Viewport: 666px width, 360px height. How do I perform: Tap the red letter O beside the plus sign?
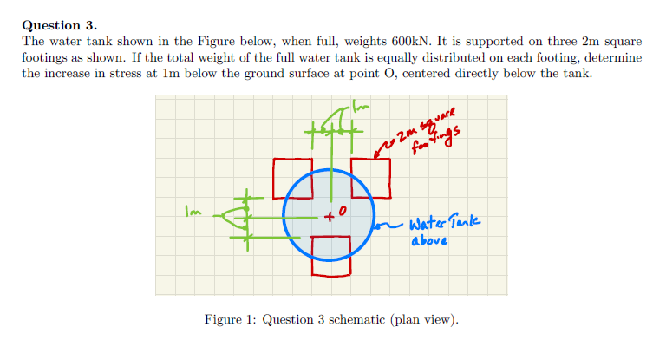click(x=343, y=211)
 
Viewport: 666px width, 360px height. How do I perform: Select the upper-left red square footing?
click(x=292, y=176)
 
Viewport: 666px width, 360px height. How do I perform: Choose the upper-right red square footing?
click(x=371, y=177)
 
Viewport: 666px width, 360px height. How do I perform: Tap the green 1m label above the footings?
click(x=361, y=106)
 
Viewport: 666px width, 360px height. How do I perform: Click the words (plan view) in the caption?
click(x=424, y=319)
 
